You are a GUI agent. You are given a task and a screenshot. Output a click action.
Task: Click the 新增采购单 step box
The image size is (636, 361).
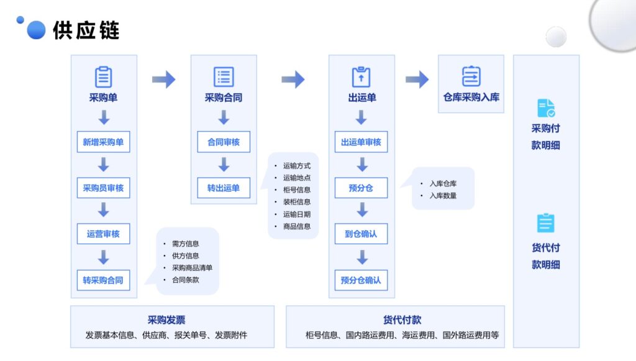(x=103, y=142)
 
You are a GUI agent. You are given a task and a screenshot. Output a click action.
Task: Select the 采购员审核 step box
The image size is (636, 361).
(x=103, y=188)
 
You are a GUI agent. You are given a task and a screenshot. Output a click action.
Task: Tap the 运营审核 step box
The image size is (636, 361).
(x=103, y=234)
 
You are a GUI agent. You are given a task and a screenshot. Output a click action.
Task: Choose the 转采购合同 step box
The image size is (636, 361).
(x=103, y=280)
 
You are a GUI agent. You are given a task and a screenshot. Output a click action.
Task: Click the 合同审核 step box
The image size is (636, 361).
(x=224, y=142)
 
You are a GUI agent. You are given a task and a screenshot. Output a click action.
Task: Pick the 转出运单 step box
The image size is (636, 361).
(x=224, y=188)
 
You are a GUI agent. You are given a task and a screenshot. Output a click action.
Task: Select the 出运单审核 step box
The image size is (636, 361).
(x=361, y=142)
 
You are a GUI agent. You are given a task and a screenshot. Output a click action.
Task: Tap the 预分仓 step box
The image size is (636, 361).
(x=361, y=188)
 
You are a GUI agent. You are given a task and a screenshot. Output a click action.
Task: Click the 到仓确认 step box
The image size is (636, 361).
(x=361, y=234)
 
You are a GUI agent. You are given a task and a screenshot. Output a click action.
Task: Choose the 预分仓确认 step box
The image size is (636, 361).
(x=361, y=280)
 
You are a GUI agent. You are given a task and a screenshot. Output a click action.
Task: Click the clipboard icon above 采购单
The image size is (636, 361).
(x=103, y=77)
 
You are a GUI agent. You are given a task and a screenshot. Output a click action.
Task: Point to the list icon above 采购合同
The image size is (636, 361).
(x=224, y=77)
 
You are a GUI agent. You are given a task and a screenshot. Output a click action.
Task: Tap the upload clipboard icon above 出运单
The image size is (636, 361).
(x=361, y=77)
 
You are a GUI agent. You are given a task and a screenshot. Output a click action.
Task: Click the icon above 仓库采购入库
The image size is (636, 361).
(x=471, y=76)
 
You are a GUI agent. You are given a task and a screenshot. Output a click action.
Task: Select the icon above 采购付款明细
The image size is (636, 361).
(x=545, y=109)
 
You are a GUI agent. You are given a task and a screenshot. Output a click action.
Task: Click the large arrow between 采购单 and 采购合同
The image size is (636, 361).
(x=163, y=79)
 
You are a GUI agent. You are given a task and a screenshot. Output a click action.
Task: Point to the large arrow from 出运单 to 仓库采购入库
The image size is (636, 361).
(x=417, y=79)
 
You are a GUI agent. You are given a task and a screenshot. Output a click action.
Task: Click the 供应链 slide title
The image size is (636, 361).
(x=86, y=30)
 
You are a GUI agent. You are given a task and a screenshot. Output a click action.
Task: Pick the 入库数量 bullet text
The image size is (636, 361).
(x=443, y=195)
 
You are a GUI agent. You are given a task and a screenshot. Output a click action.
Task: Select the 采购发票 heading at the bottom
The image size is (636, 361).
(x=166, y=320)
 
